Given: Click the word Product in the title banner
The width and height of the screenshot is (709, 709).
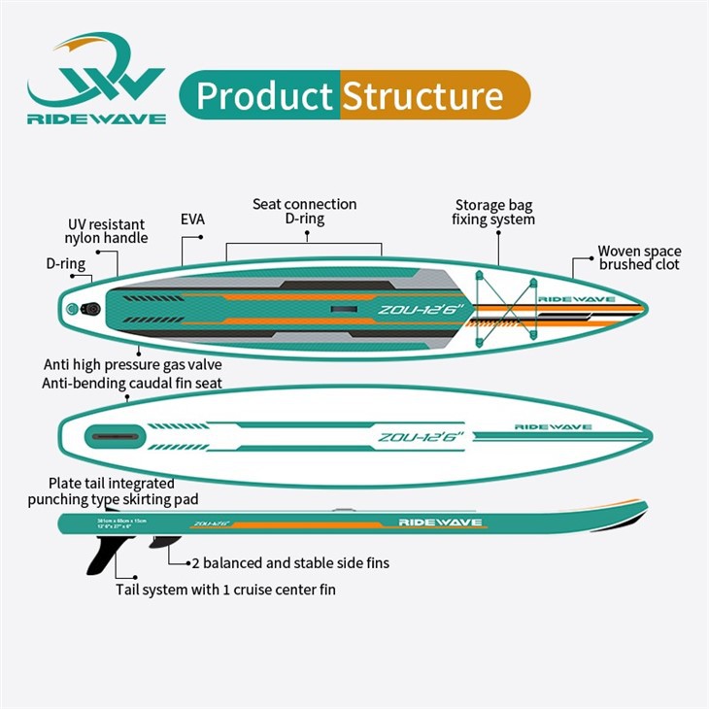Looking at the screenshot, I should pyautogui.click(x=264, y=96).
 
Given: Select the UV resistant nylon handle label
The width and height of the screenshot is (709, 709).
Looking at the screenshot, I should pyautogui.click(x=107, y=230).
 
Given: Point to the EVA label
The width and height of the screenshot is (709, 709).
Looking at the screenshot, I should pyautogui.click(x=192, y=219).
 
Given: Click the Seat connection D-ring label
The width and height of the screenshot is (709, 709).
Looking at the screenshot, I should pyautogui.click(x=304, y=212).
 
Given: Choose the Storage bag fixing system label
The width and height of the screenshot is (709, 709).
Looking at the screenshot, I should pyautogui.click(x=493, y=212).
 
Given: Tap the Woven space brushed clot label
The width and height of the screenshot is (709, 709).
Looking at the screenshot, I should pyautogui.click(x=639, y=257).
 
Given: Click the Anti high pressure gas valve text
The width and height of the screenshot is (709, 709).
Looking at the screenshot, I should pyautogui.click(x=133, y=364).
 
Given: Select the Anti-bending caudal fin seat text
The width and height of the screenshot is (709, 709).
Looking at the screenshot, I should pyautogui.click(x=132, y=383).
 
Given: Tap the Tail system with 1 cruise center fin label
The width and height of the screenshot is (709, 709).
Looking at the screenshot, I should pyautogui.click(x=226, y=589).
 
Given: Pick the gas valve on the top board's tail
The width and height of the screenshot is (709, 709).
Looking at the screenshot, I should pyautogui.click(x=75, y=309).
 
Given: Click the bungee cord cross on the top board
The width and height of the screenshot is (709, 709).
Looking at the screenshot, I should pyautogui.click(x=504, y=307).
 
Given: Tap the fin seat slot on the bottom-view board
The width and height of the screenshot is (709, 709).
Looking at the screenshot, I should pyautogui.click(x=114, y=437).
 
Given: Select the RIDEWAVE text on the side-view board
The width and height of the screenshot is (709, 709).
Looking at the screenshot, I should pyautogui.click(x=439, y=522).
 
